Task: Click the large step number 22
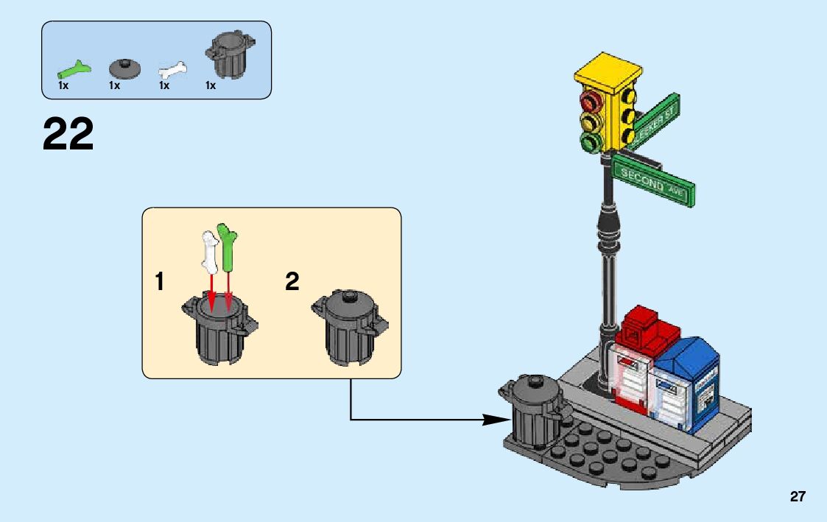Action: pos(68,134)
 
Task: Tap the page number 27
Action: pos(798,497)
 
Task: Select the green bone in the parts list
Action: pos(75,71)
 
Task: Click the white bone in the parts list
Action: pos(172,72)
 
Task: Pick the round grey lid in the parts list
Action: pos(124,68)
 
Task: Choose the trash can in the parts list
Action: pos(229,54)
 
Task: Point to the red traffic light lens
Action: pos(590,101)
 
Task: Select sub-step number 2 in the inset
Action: pos(292,281)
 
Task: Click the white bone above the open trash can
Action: pos(209,250)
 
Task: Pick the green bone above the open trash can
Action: pos(227,247)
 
